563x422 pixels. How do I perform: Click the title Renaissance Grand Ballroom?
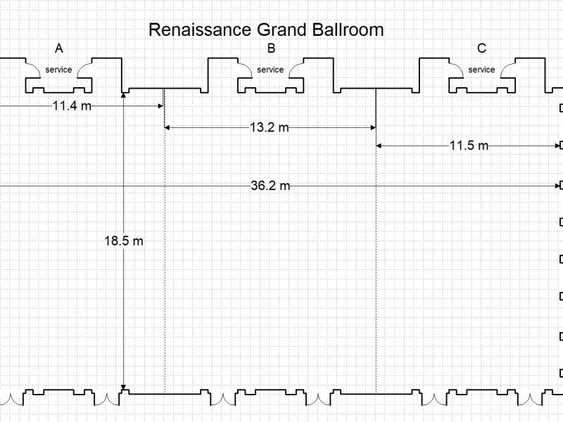click(266, 30)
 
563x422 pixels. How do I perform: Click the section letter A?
click(59, 49)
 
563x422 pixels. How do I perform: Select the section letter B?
click(272, 49)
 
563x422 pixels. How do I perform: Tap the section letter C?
click(481, 49)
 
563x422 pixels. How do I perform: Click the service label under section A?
click(58, 70)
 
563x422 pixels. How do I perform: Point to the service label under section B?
click(270, 70)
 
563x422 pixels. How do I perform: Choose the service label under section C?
click(481, 70)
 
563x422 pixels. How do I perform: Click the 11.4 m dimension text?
click(72, 106)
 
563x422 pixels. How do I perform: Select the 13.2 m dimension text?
click(269, 127)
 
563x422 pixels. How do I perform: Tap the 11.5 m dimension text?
click(469, 146)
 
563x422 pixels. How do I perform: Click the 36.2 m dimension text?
click(270, 186)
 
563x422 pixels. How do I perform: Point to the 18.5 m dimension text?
click(124, 241)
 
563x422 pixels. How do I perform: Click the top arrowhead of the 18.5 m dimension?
click(124, 94)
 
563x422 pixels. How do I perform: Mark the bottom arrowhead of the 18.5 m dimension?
click(124, 388)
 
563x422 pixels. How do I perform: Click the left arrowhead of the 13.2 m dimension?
click(167, 127)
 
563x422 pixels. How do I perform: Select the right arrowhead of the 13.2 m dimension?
click(372, 127)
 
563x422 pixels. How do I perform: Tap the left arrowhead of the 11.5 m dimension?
click(380, 146)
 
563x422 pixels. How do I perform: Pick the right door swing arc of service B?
click(295, 68)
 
